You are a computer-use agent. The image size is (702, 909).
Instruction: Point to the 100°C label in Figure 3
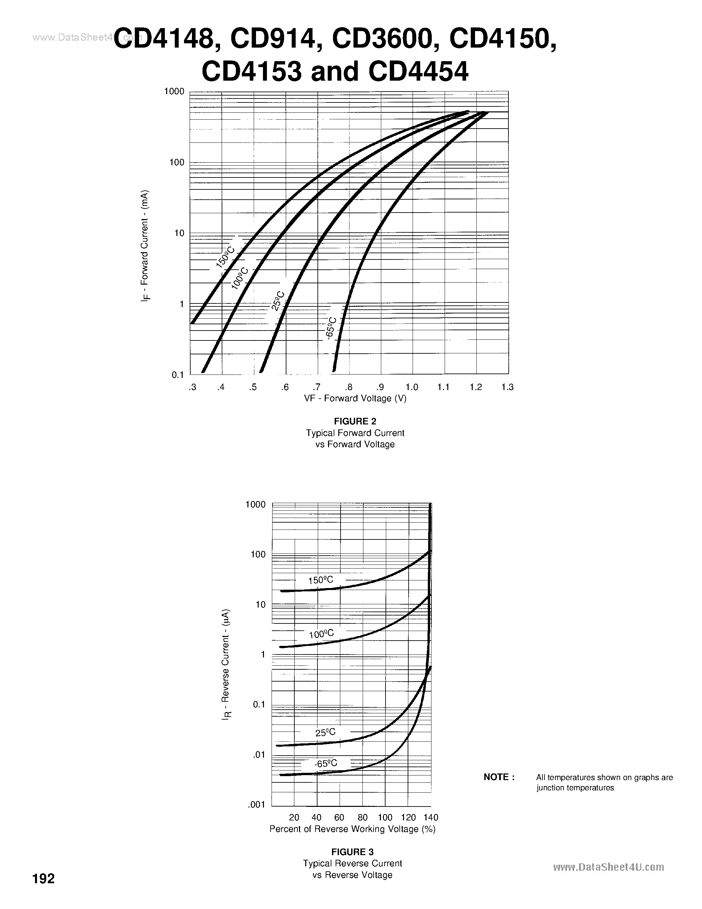tap(321, 634)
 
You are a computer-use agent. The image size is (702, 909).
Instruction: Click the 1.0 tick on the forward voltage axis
tap(412, 387)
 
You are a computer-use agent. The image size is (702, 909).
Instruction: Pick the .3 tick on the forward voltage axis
tap(192, 387)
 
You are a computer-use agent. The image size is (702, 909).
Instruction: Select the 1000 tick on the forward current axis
tap(174, 91)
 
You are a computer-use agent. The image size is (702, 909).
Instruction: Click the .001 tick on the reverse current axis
tap(257, 805)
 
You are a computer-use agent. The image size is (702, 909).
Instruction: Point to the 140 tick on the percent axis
tap(431, 817)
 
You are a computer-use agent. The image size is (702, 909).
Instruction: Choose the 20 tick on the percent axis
tap(294, 817)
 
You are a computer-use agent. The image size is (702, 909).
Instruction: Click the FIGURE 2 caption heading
tap(355, 421)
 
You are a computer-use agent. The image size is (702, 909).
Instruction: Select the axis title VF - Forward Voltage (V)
tap(355, 398)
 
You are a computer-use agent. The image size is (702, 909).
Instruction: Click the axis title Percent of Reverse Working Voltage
tap(352, 829)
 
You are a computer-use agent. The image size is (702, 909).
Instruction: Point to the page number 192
tap(44, 890)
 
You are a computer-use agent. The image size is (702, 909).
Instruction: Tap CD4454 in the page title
tap(418, 71)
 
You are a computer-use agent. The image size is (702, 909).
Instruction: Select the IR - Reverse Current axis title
tap(226, 665)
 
